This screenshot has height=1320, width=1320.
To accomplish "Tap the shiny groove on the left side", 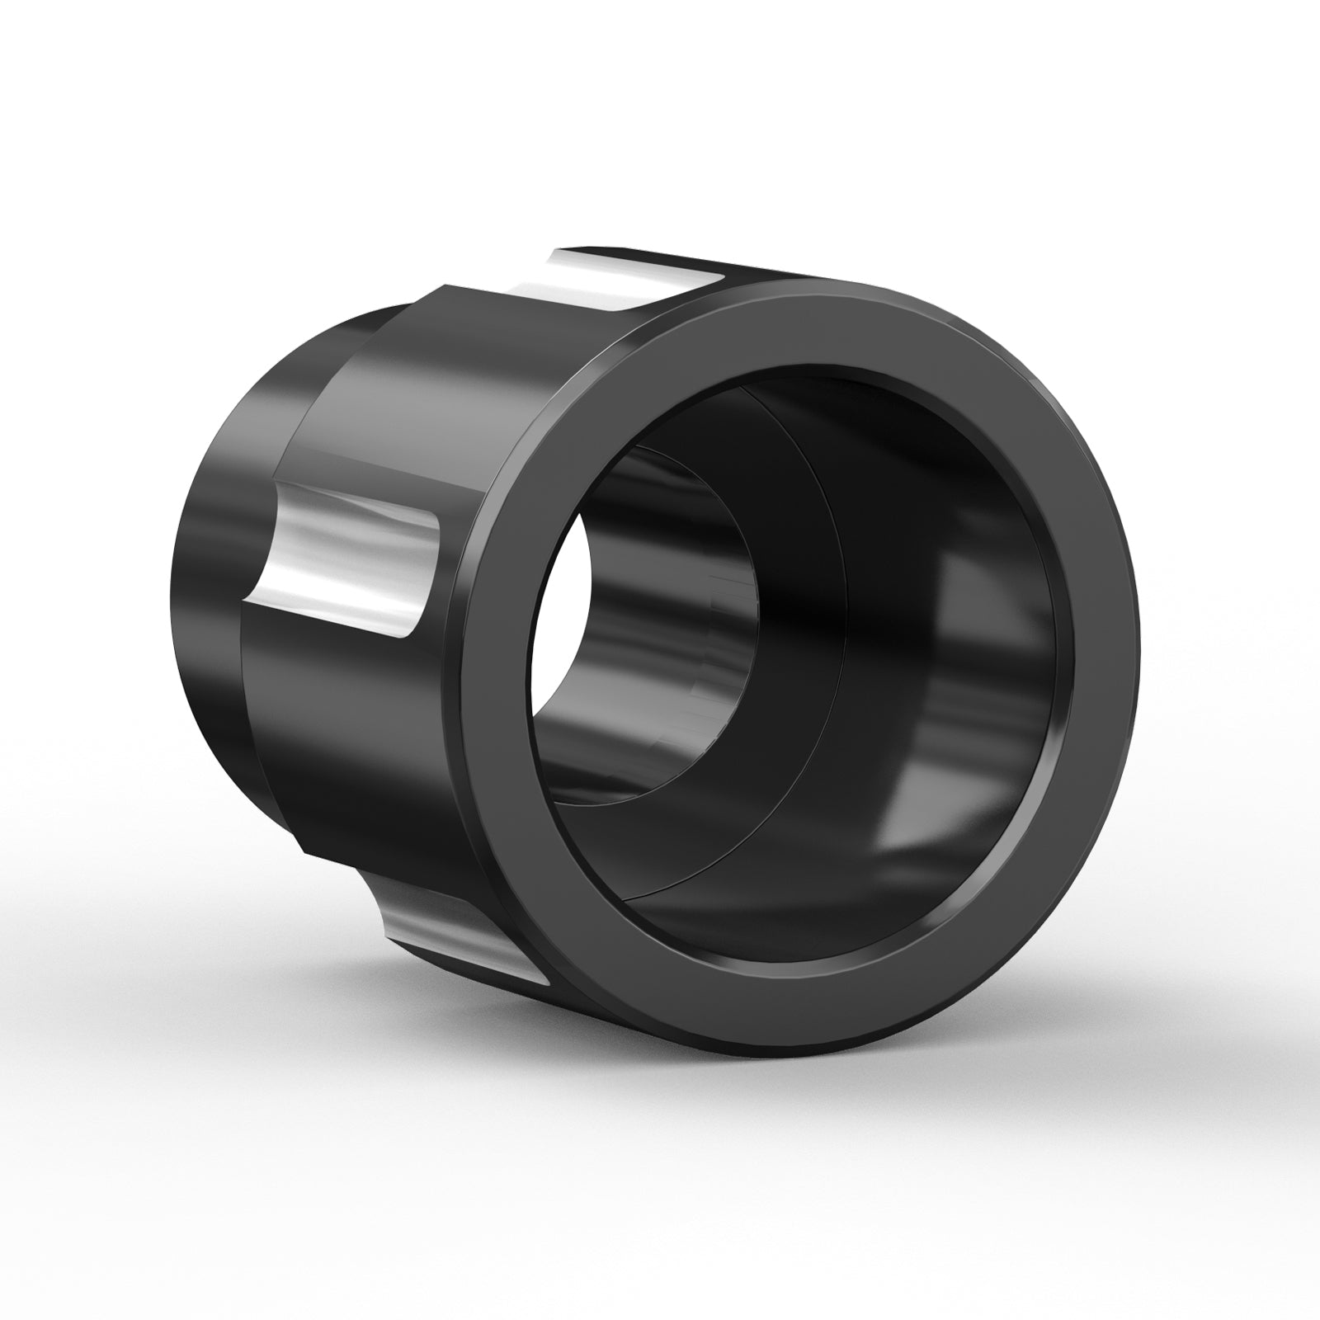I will point(346,569).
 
